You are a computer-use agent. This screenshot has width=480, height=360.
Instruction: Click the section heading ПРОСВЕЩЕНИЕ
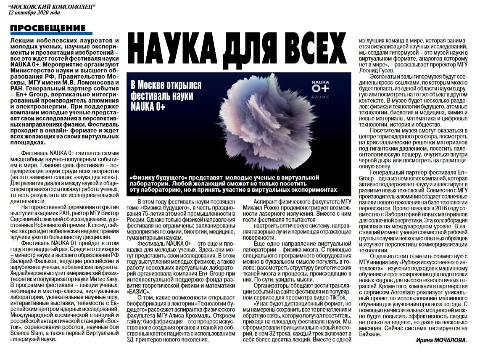(47, 29)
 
